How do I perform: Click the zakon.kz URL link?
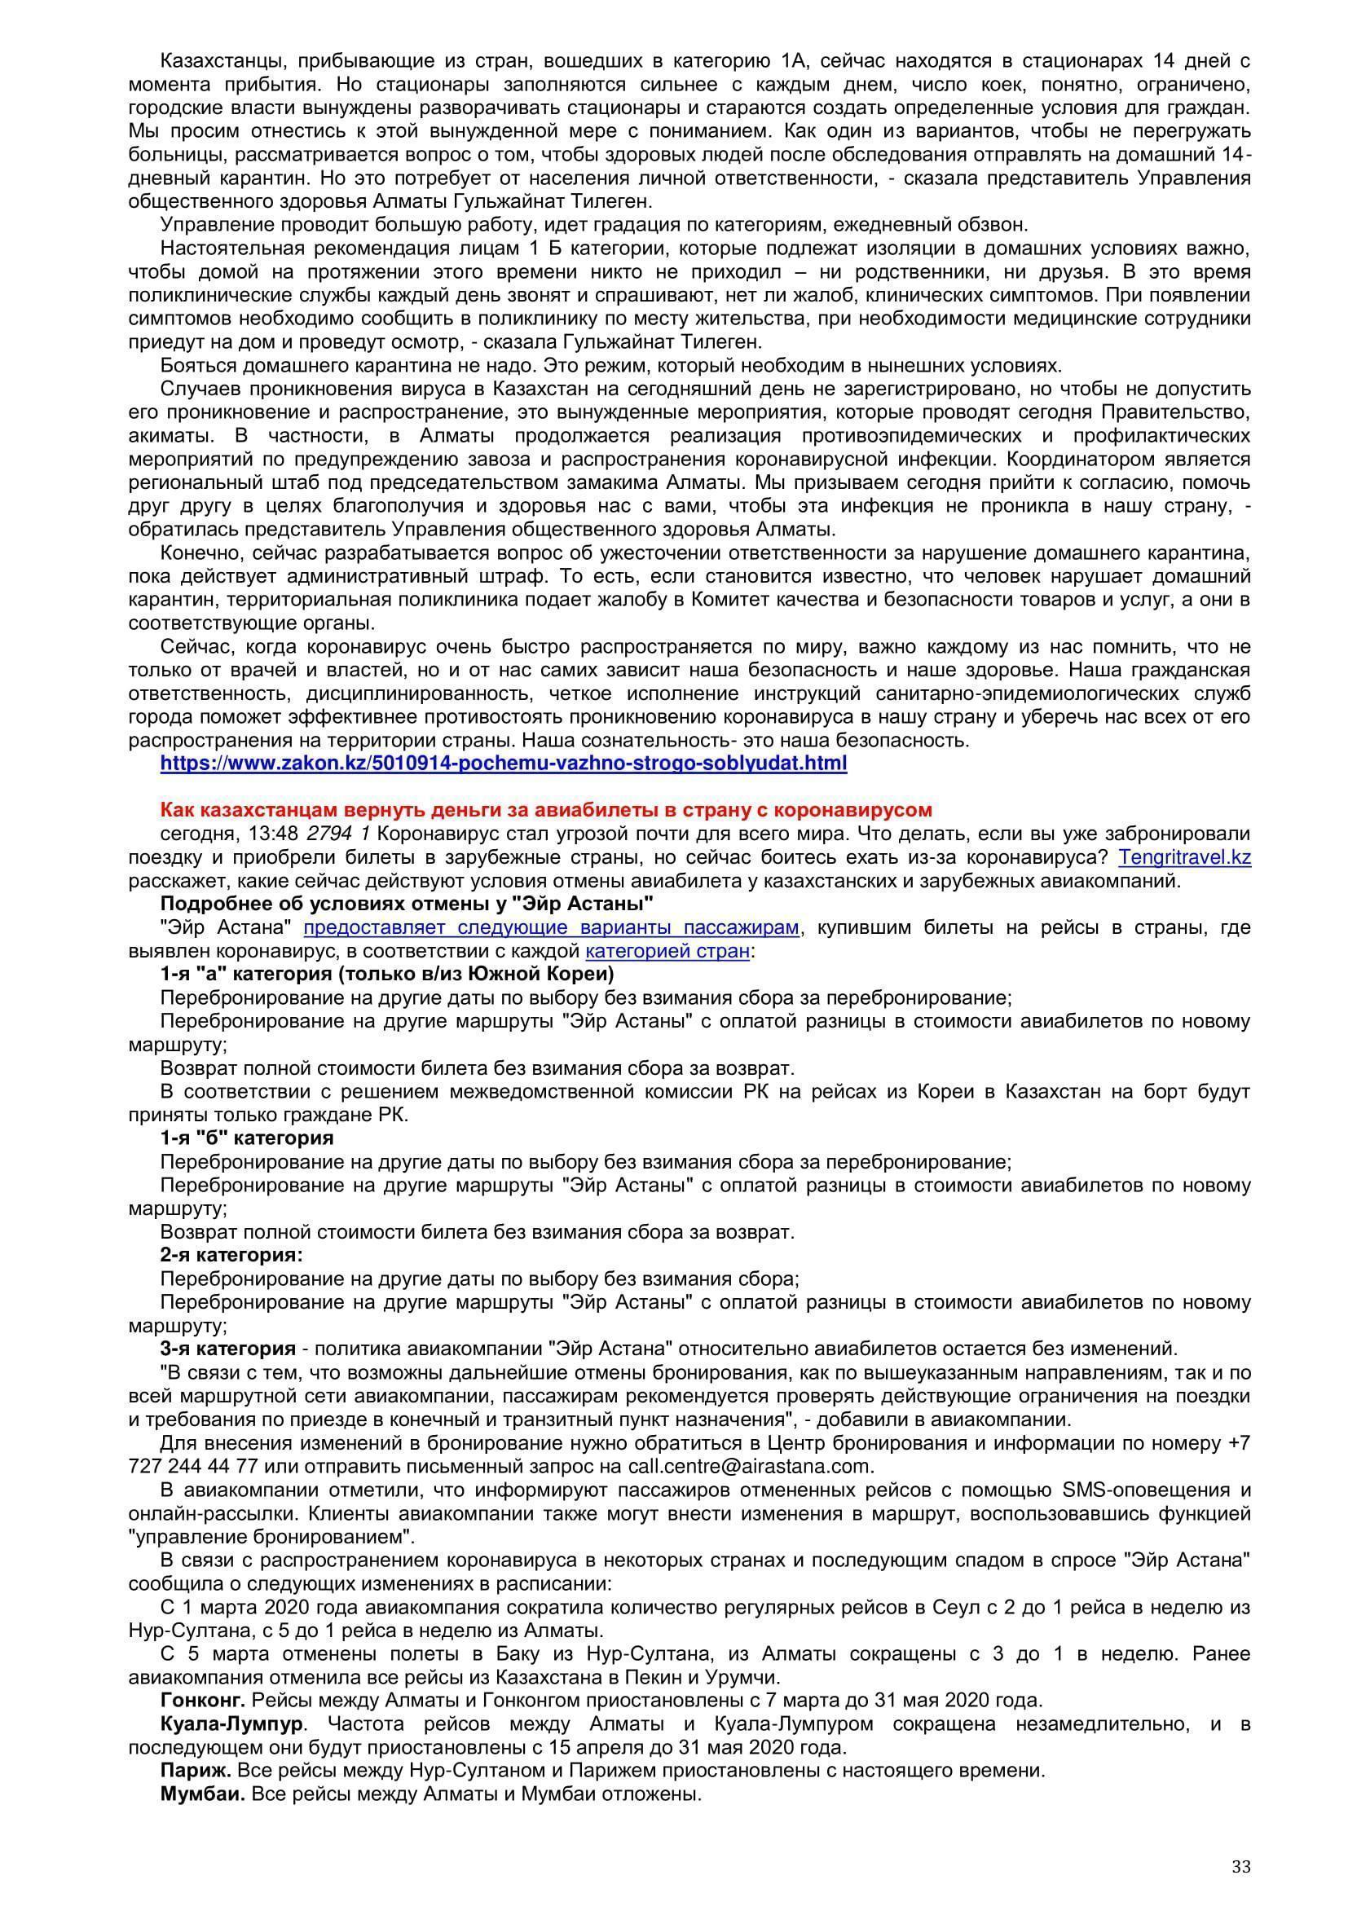tap(503, 763)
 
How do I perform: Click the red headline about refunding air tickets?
tap(546, 809)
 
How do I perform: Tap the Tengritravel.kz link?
tap(1184, 856)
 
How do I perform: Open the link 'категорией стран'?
tap(667, 950)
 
